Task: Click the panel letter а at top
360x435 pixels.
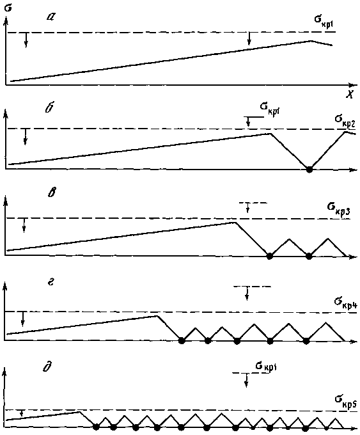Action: pyautogui.click(x=51, y=18)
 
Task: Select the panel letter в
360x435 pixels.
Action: pyautogui.click(x=51, y=193)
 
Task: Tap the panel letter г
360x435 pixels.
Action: pyautogui.click(x=51, y=283)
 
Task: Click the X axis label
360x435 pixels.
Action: pyautogui.click(x=350, y=95)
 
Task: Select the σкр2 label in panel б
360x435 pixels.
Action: pyautogui.click(x=344, y=120)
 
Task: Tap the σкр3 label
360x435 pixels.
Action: pyautogui.click(x=338, y=208)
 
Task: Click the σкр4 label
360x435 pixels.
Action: pyautogui.click(x=345, y=303)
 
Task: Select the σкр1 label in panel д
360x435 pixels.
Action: pyautogui.click(x=266, y=367)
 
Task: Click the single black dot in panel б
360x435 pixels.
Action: pyautogui.click(x=309, y=170)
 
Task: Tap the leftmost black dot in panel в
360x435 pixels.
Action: pyautogui.click(x=269, y=256)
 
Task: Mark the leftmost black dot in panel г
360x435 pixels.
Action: pyautogui.click(x=182, y=340)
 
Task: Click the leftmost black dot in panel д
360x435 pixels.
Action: pyautogui.click(x=96, y=427)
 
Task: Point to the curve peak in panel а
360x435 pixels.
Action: pyautogui.click(x=310, y=41)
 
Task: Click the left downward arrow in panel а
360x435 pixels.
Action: pyautogui.click(x=26, y=40)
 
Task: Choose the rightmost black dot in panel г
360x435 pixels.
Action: pyautogui.click(x=306, y=341)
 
